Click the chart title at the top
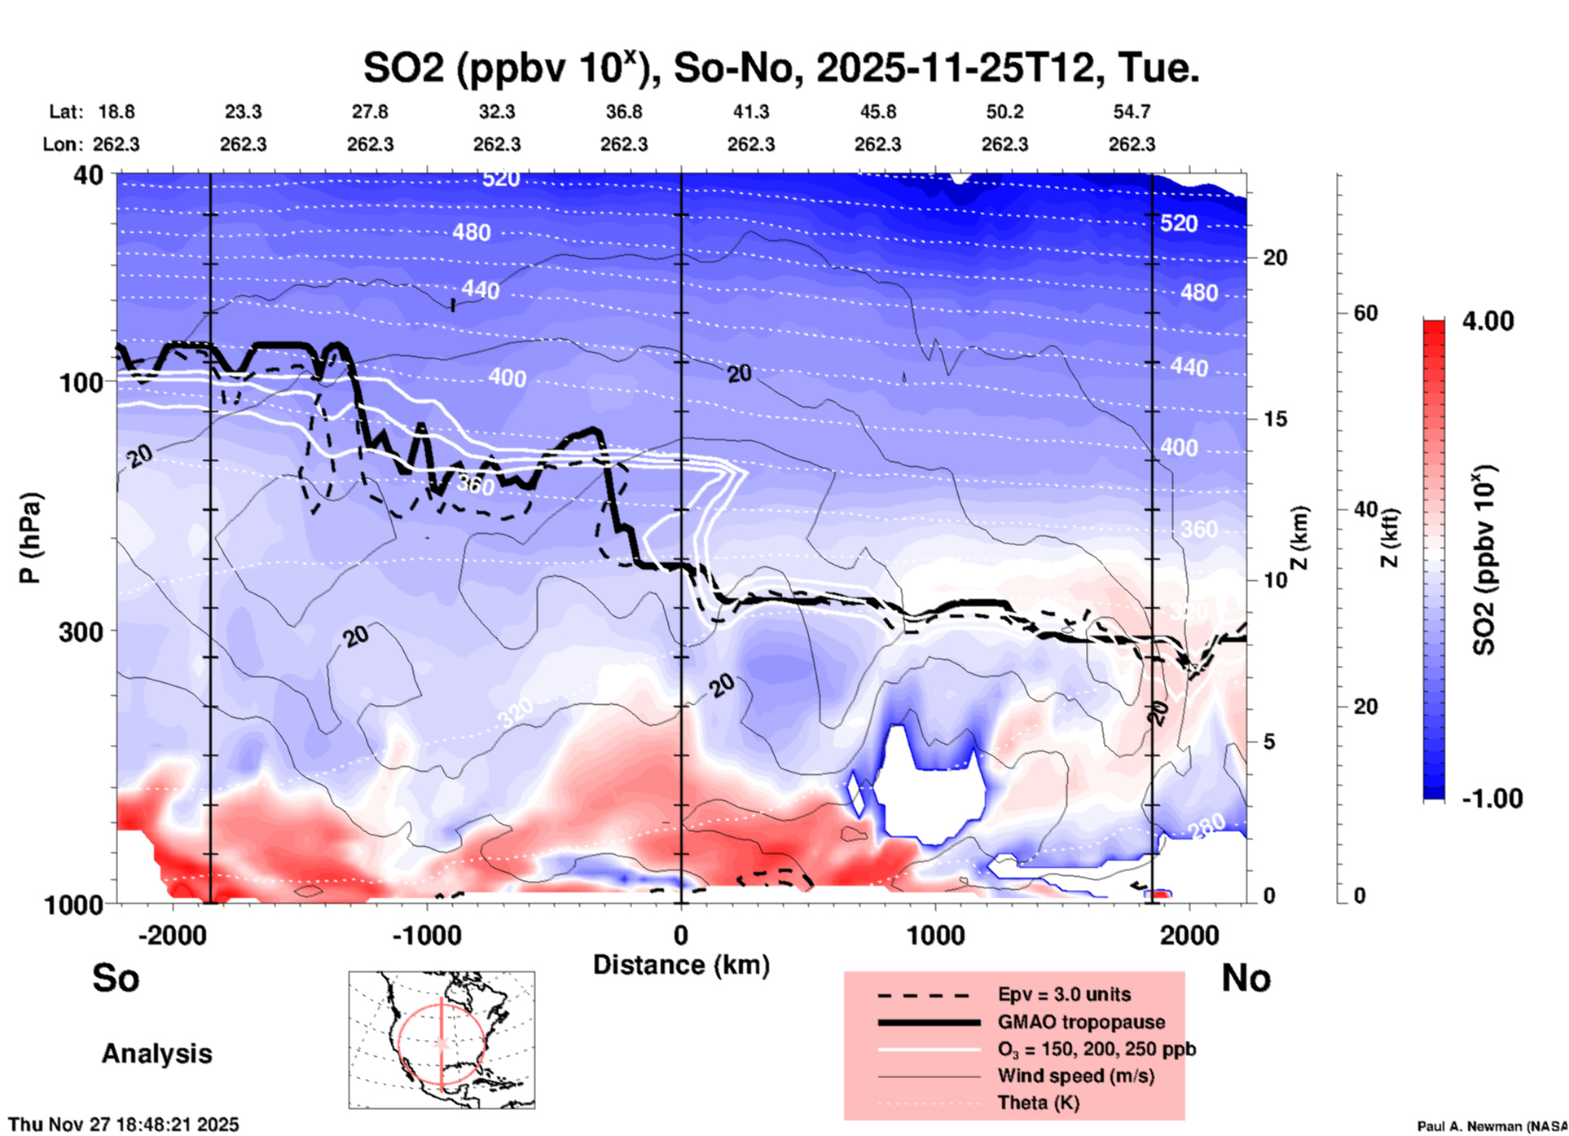click(x=780, y=68)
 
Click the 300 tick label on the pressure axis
click(x=81, y=632)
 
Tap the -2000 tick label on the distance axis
click(x=172, y=935)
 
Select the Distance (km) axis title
click(x=681, y=965)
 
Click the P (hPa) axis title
click(x=30, y=538)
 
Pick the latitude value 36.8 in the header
click(x=624, y=112)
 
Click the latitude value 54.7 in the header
click(x=1132, y=112)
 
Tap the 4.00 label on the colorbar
click(x=1488, y=321)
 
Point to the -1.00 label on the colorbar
click(x=1491, y=799)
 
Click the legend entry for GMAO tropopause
click(x=1081, y=1022)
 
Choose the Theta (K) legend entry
click(x=1038, y=1103)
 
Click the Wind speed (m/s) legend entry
click(x=1075, y=1076)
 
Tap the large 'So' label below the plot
click(x=116, y=978)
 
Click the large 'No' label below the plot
click(x=1246, y=978)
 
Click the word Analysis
click(x=156, y=1054)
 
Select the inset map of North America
click(x=442, y=1040)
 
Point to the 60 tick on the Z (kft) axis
click(x=1365, y=313)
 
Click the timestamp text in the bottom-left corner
click(x=124, y=1125)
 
